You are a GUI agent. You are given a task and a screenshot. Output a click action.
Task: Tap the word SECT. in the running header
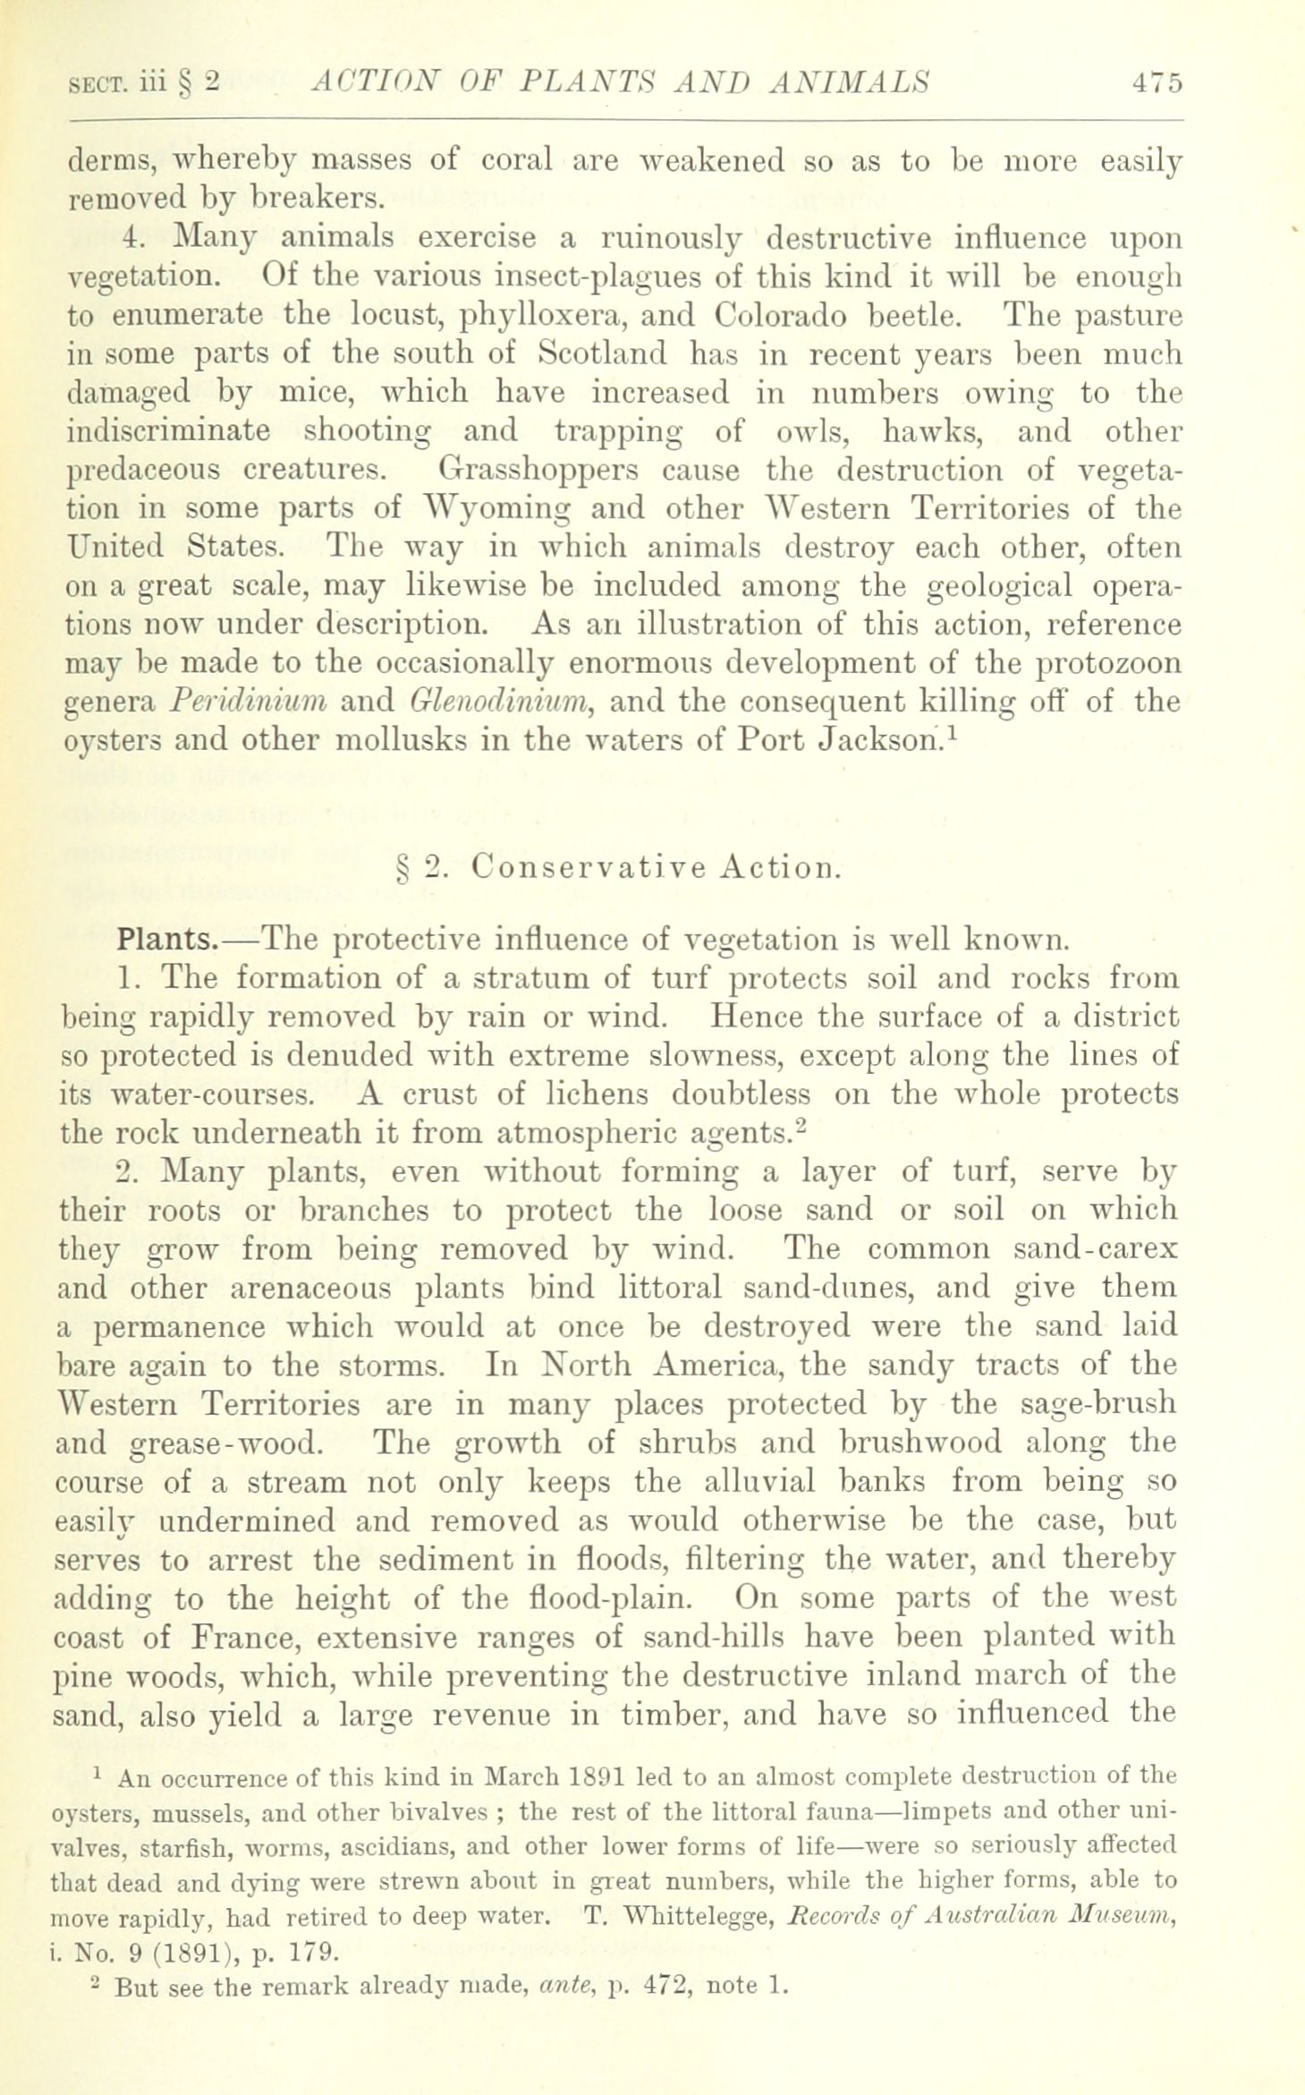(x=101, y=83)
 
